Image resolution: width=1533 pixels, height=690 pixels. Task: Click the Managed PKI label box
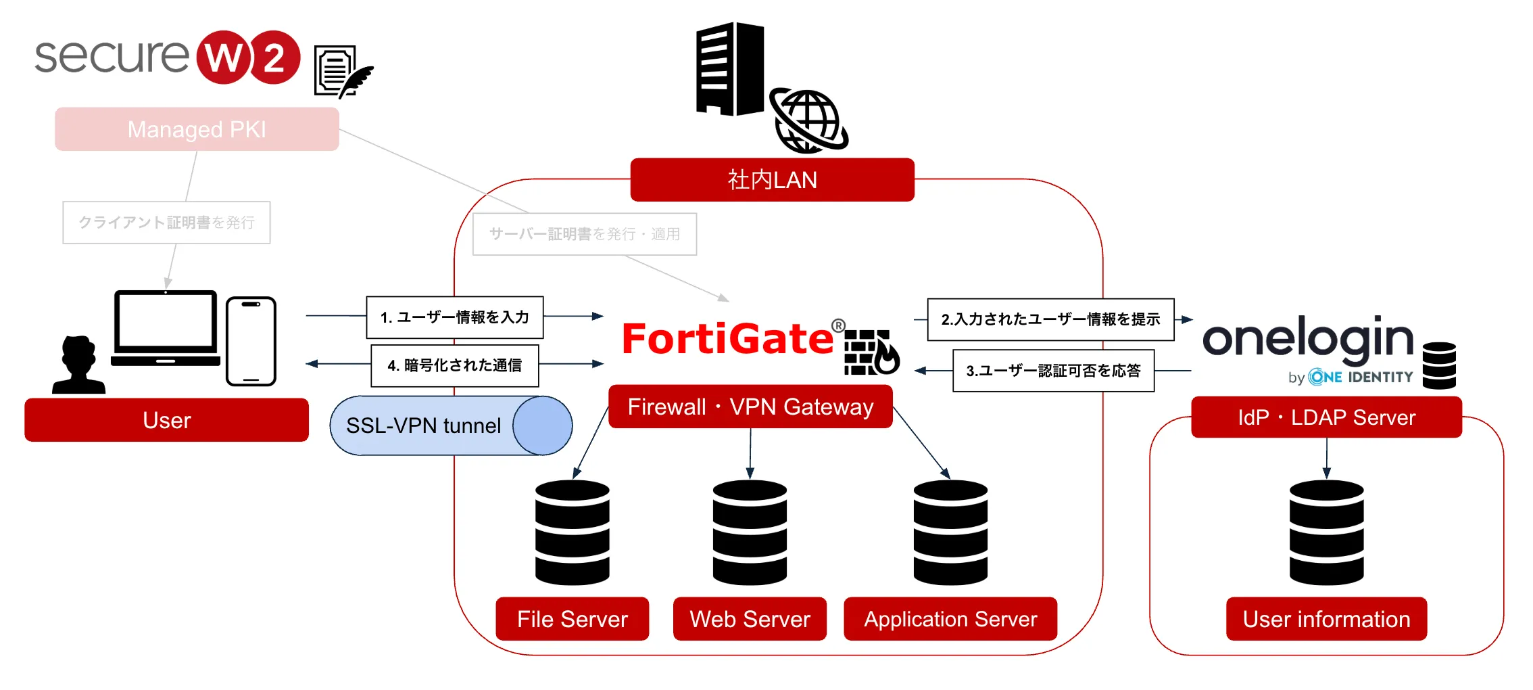(197, 129)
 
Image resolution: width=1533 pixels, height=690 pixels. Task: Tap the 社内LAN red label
(772, 180)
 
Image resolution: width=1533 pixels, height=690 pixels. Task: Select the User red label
(166, 420)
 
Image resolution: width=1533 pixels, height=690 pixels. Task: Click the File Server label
(572, 619)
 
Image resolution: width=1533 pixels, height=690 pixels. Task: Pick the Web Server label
(750, 619)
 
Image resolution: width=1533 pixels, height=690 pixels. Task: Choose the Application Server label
(950, 619)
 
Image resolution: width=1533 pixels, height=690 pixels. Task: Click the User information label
(1326, 619)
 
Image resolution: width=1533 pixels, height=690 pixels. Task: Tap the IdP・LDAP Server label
(1326, 417)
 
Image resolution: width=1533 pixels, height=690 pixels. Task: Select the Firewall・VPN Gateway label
(750, 407)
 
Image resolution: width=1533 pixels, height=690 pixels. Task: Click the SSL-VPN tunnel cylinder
(451, 425)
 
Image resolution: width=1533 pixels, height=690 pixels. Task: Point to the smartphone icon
(251, 341)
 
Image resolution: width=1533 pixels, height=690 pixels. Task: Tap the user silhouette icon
(78, 365)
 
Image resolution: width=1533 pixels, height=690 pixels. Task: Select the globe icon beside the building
(808, 120)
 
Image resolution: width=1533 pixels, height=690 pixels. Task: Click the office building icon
(730, 69)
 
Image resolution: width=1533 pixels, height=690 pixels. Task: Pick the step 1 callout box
(455, 317)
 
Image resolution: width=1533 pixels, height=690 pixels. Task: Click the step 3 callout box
(1053, 371)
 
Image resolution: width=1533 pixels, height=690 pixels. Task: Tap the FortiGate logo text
(727, 339)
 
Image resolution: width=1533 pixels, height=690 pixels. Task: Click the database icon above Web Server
(750, 532)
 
